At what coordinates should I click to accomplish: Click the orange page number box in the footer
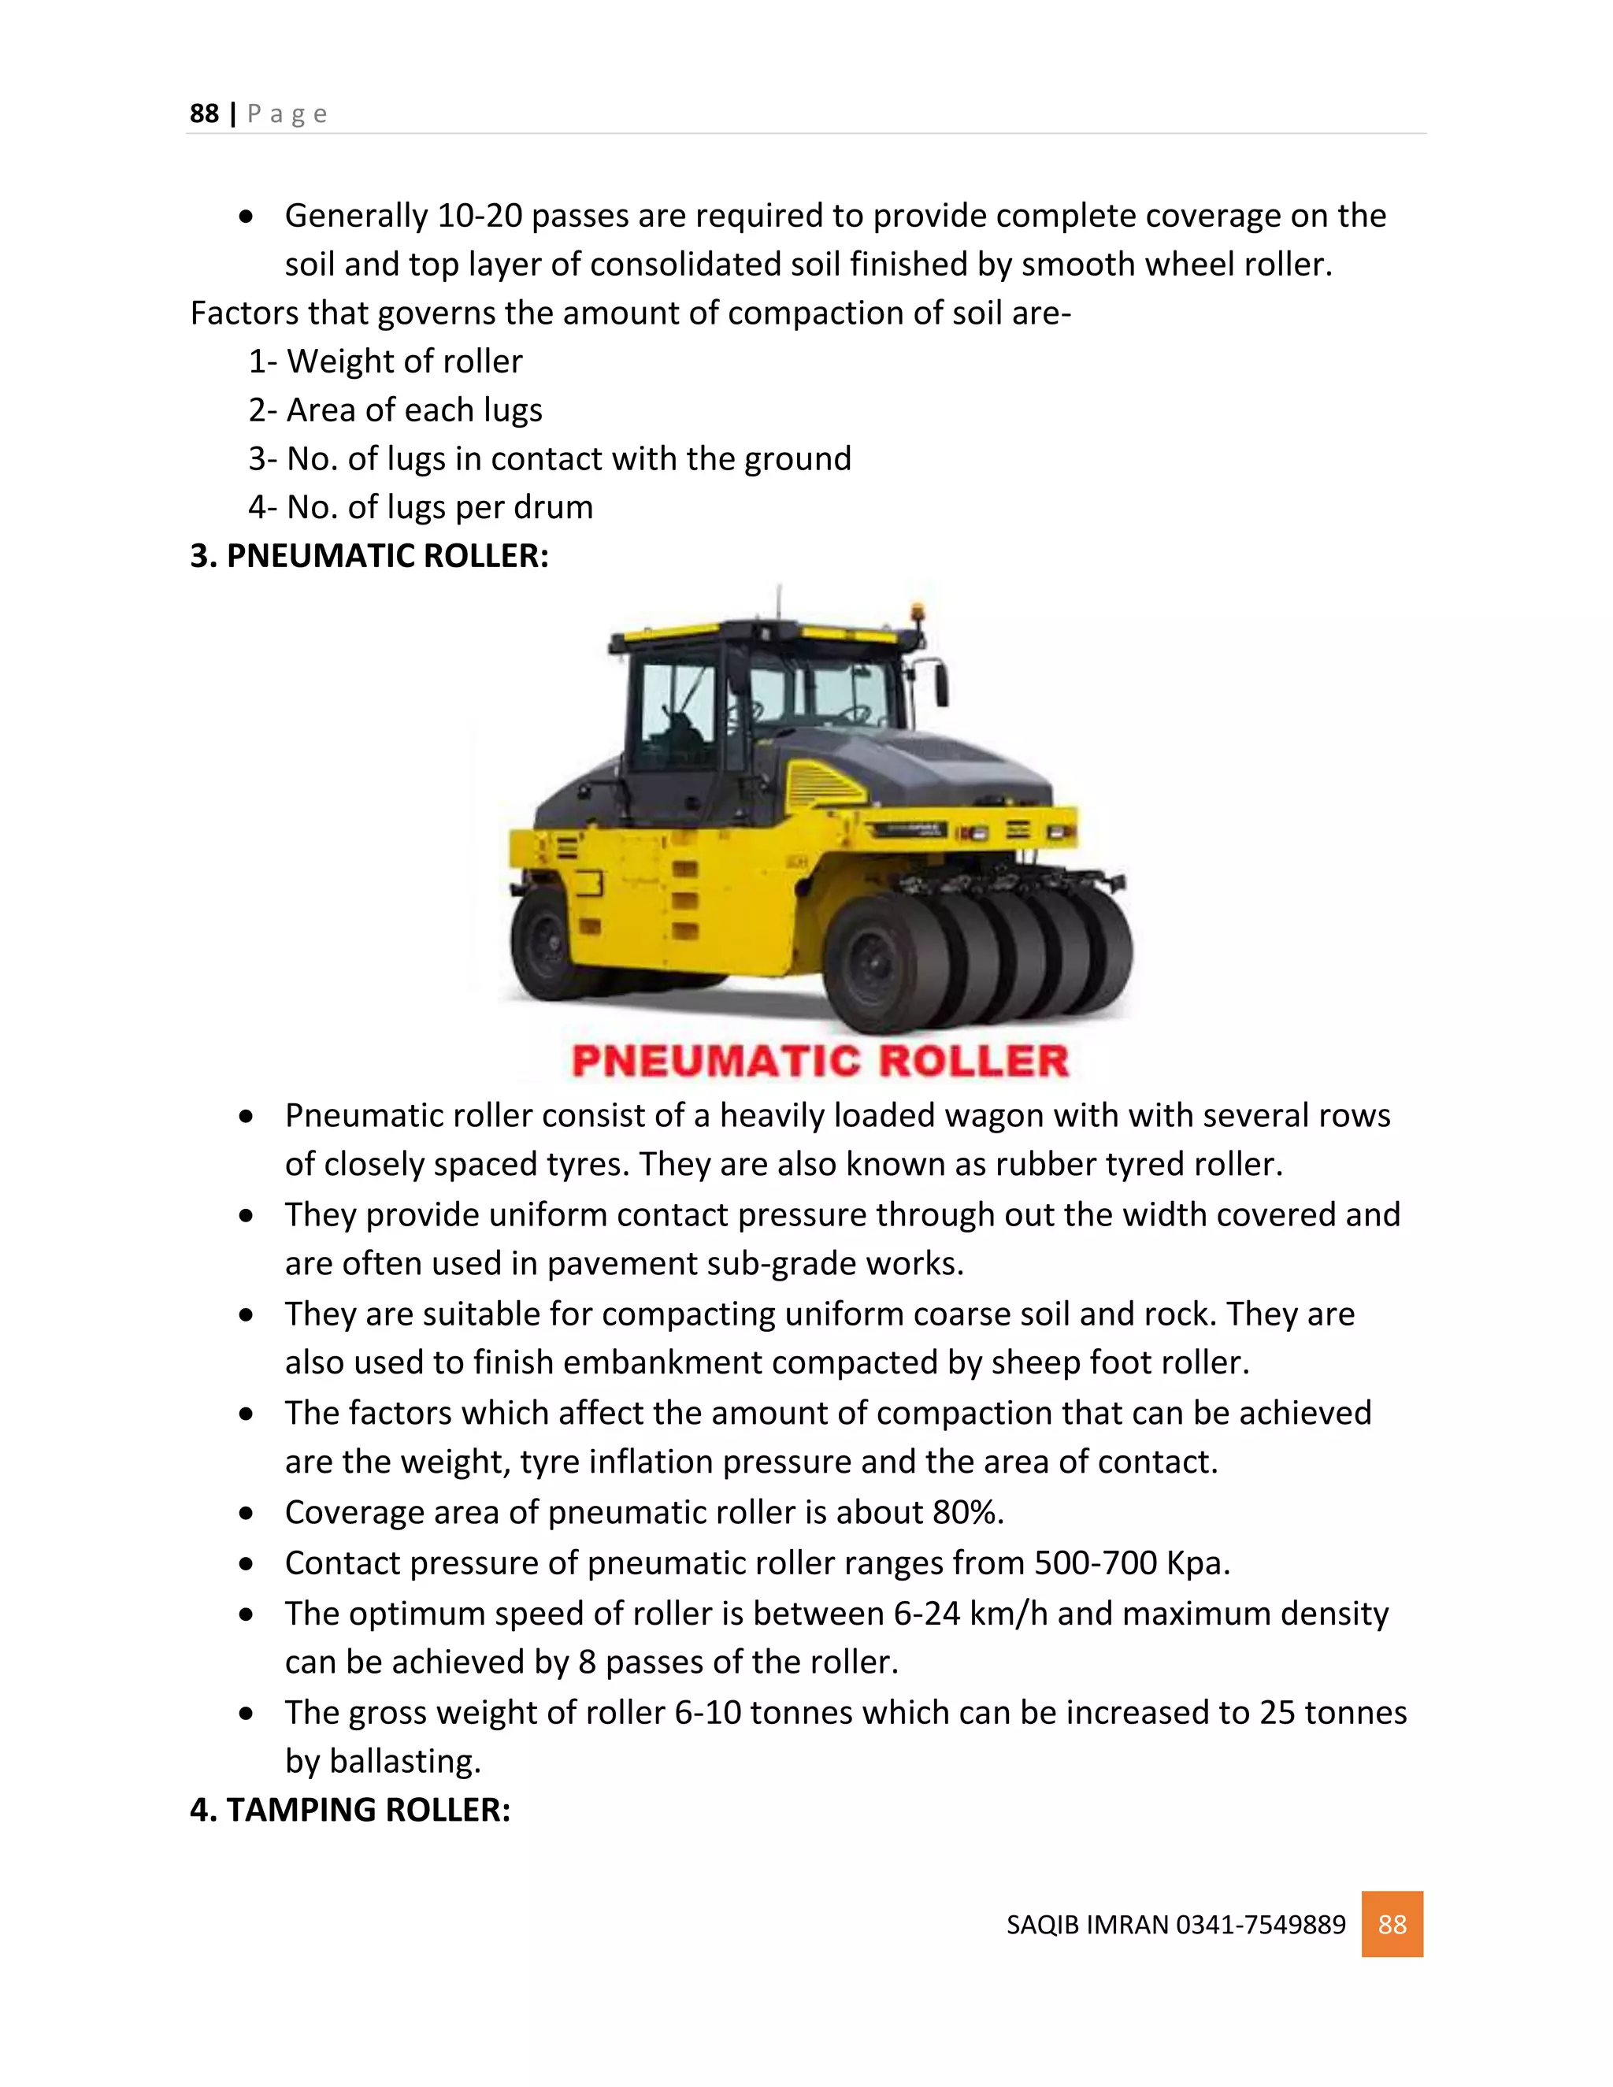1392,1924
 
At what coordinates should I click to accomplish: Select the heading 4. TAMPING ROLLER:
350,1809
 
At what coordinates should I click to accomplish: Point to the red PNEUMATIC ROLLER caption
820,1061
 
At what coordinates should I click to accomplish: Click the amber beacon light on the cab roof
918,613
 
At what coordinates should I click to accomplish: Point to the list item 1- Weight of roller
385,361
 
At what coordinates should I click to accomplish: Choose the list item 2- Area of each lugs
395,410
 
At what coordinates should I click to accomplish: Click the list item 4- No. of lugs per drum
421,506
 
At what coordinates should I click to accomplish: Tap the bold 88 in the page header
205,113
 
